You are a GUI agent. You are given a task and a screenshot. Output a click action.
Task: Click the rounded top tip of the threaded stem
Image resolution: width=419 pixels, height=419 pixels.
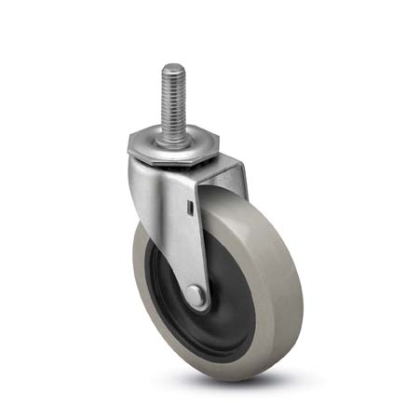click(x=174, y=66)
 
